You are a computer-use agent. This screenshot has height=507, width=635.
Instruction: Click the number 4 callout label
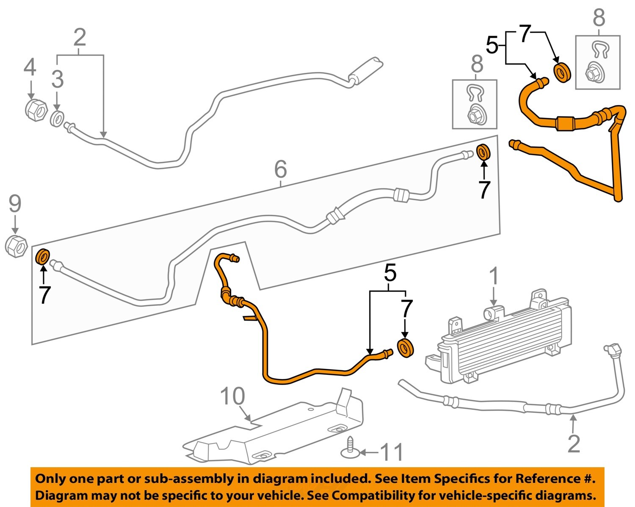coord(30,68)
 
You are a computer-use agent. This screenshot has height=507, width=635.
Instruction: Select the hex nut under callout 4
coord(36,110)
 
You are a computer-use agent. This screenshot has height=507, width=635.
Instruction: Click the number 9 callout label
coord(15,204)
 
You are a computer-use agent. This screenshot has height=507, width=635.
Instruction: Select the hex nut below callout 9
coord(16,247)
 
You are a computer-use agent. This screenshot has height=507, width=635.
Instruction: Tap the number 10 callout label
coord(232,396)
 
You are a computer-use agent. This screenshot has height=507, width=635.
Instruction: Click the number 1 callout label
coord(494,276)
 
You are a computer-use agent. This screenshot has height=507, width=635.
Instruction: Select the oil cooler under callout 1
coord(498,336)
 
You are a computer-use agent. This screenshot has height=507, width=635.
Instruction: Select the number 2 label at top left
coord(80,37)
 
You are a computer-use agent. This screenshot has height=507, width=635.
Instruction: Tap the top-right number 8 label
coord(599,17)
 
